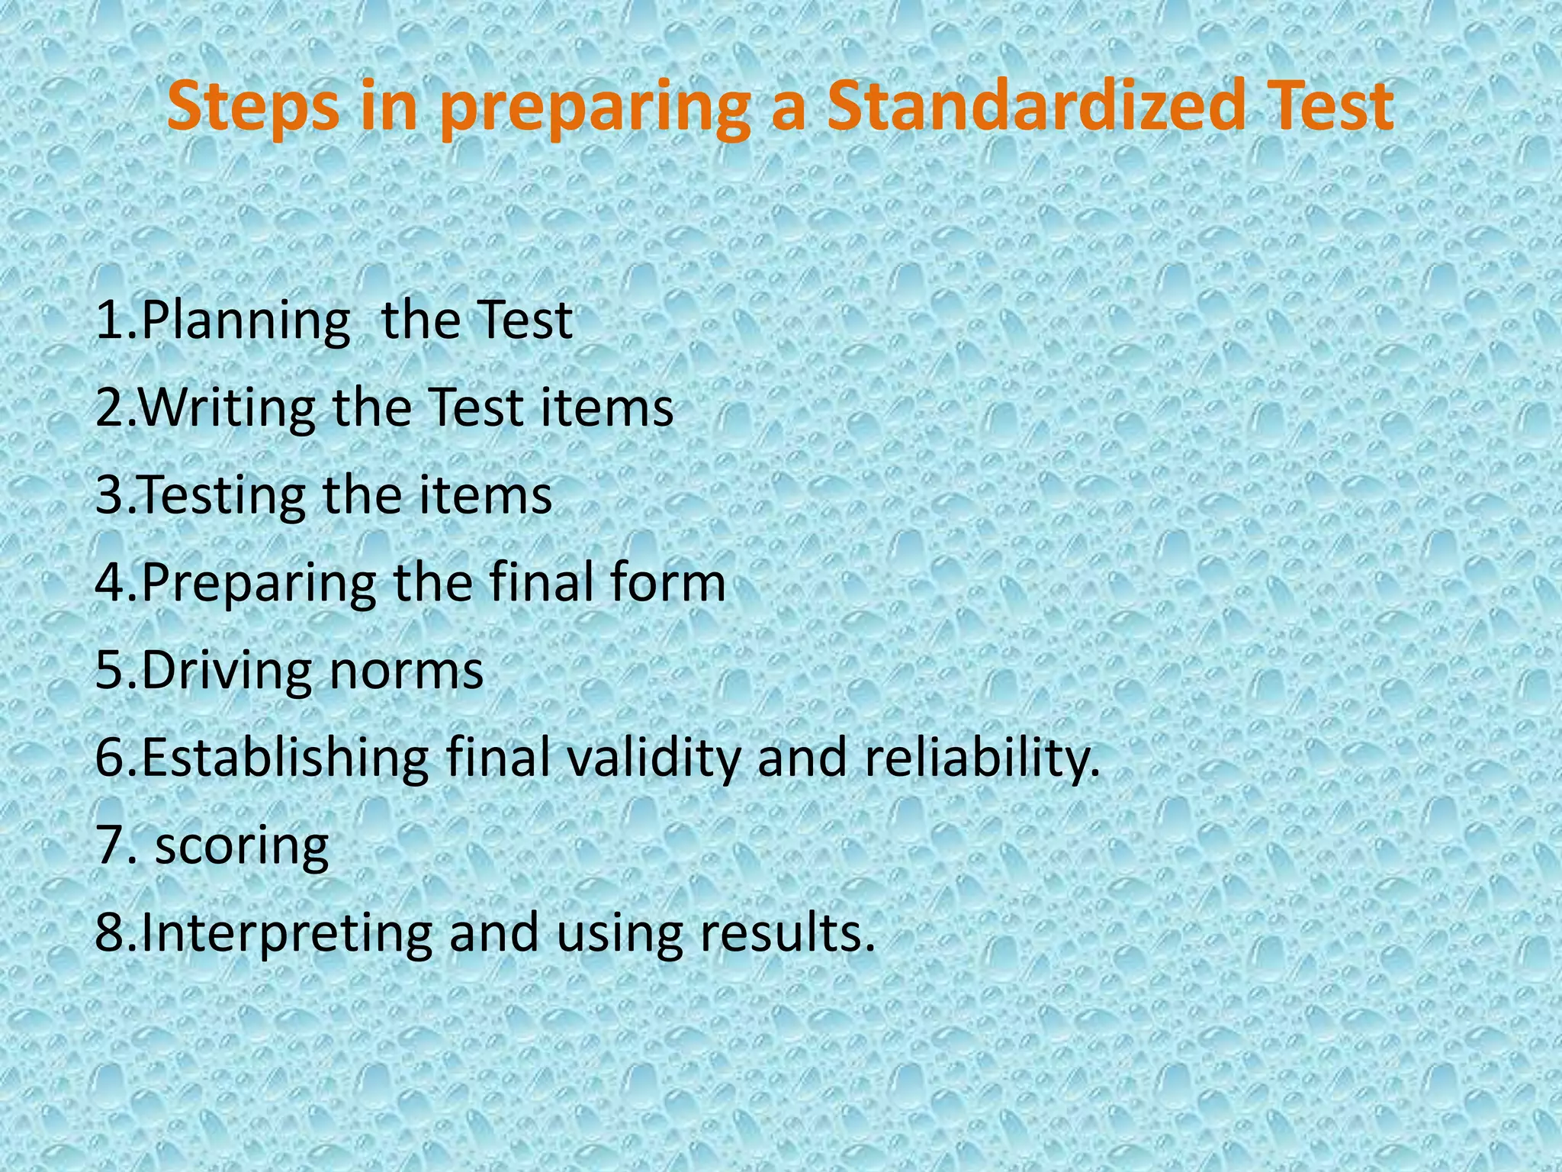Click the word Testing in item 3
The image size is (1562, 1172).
(x=222, y=497)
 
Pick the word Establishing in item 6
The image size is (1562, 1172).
(x=285, y=758)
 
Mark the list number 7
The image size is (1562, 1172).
(x=110, y=845)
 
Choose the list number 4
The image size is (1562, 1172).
(x=110, y=583)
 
